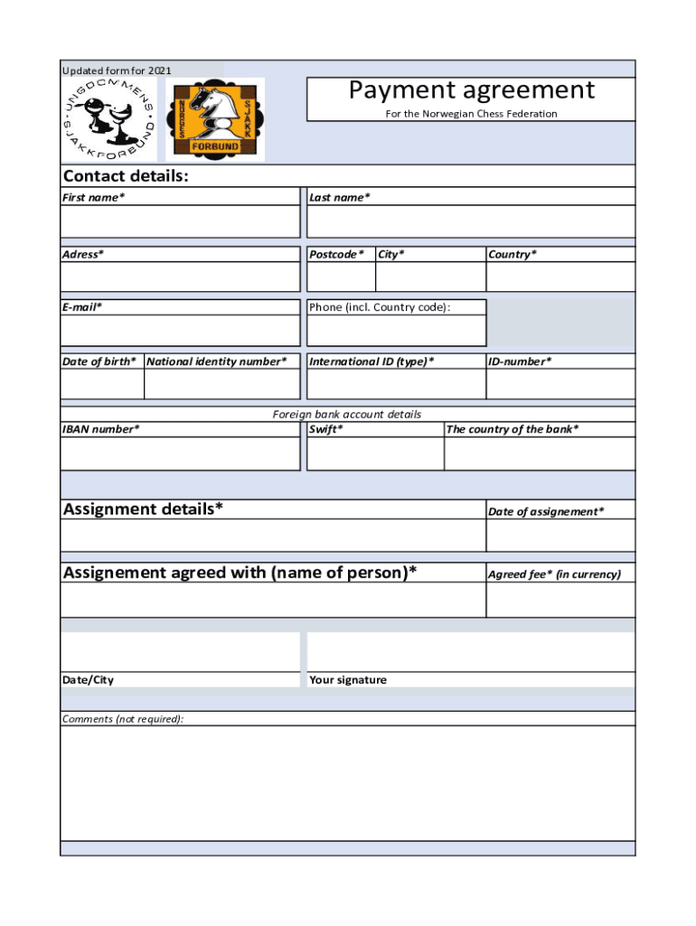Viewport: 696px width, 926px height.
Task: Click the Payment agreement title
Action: pyautogui.click(x=471, y=90)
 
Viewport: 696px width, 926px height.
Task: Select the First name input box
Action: pyautogui.click(x=180, y=222)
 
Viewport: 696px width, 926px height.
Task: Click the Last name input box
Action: pyautogui.click(x=471, y=222)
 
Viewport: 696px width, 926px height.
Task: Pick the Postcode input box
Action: pyautogui.click(x=341, y=277)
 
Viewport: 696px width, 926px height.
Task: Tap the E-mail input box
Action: pyautogui.click(x=180, y=331)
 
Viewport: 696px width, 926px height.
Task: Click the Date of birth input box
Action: pyautogui.click(x=101, y=384)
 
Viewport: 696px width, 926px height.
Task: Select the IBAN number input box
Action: pyautogui.click(x=180, y=454)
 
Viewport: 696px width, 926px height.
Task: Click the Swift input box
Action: pyautogui.click(x=375, y=454)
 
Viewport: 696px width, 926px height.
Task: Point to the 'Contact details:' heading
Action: pyautogui.click(x=126, y=175)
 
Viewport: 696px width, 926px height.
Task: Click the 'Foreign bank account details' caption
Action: pyautogui.click(x=347, y=414)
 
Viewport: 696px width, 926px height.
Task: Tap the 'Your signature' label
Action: pyautogui.click(x=348, y=680)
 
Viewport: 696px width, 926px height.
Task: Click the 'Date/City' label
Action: pyautogui.click(x=88, y=680)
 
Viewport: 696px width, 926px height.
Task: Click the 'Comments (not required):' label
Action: pyautogui.click(x=123, y=719)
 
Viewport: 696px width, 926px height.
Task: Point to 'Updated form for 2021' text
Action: pyautogui.click(x=117, y=71)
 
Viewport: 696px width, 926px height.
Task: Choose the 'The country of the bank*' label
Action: pyautogui.click(x=513, y=430)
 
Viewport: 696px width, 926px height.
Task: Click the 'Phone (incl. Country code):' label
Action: pyautogui.click(x=380, y=307)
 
